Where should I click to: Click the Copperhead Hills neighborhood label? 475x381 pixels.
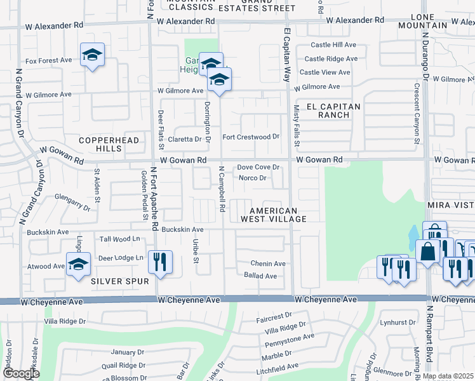tap(100, 144)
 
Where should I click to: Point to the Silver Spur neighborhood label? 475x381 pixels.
tap(119, 281)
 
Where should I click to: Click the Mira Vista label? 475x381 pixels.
tap(452, 206)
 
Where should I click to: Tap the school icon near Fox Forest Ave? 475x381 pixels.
tap(92, 55)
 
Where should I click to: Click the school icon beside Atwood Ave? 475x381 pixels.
tap(78, 264)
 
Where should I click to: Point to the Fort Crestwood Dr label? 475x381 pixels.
tap(251, 137)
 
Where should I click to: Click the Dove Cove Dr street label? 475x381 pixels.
tap(258, 167)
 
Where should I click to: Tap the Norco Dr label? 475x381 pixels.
tap(252, 178)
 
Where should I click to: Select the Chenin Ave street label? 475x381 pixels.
tap(268, 264)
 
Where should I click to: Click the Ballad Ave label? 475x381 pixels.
tap(260, 276)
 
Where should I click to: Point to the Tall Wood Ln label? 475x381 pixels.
tap(120, 239)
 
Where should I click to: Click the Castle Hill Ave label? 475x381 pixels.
tap(334, 44)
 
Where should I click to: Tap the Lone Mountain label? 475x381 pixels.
tap(422, 20)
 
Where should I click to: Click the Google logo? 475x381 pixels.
tap(21, 373)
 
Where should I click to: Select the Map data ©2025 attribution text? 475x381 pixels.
tap(447, 376)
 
